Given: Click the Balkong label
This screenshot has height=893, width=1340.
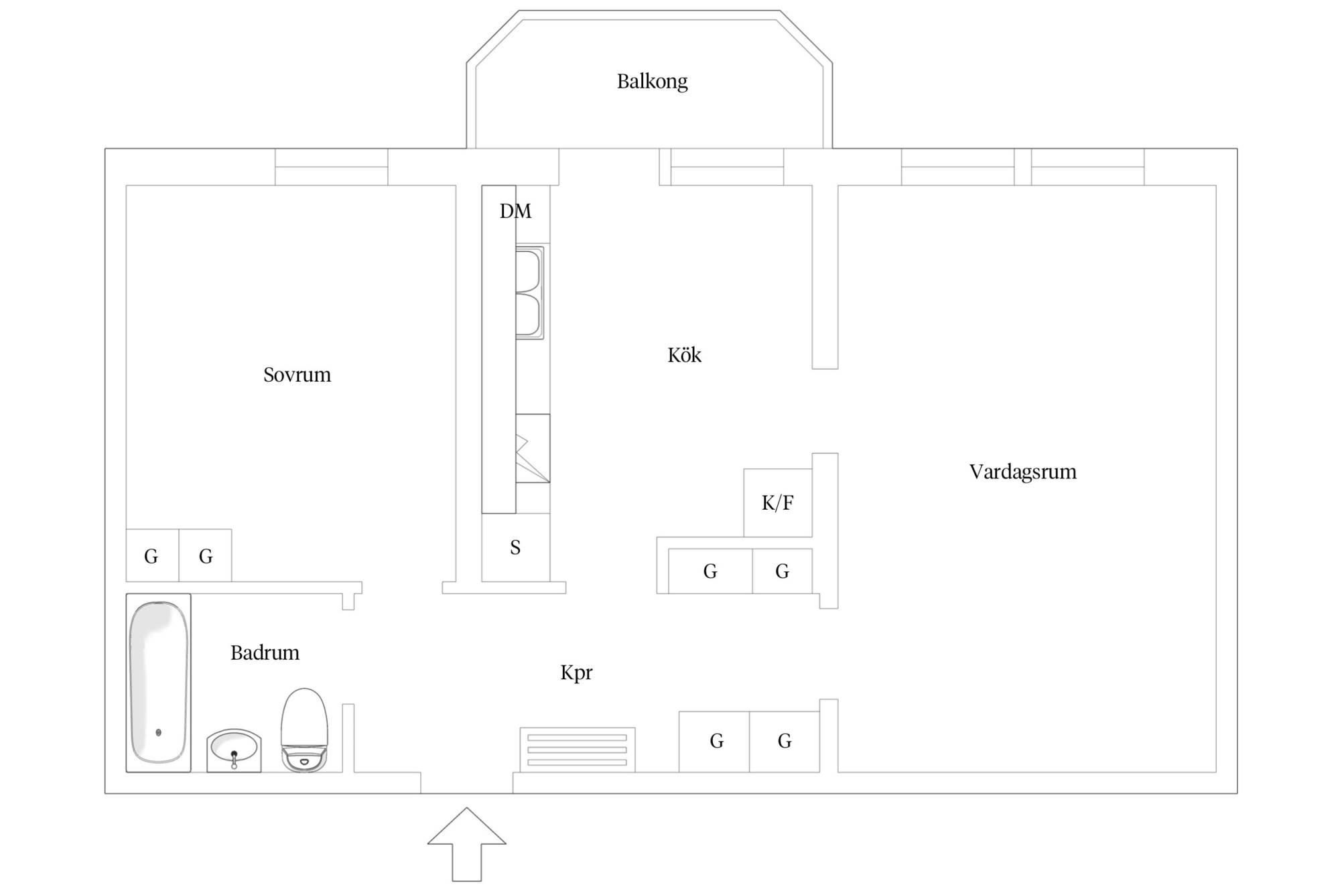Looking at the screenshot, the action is (x=652, y=82).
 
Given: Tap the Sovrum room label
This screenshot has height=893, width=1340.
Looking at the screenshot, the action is (x=297, y=374).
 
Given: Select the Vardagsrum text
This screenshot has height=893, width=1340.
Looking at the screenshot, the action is (x=1022, y=472).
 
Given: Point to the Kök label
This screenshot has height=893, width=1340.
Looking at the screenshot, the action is (x=684, y=354).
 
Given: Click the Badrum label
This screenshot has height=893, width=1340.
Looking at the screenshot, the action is (x=265, y=652).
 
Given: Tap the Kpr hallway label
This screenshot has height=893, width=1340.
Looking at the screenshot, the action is (x=576, y=673).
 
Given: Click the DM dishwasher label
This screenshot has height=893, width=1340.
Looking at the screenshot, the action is (x=515, y=212).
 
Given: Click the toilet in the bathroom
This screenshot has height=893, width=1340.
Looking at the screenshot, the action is (x=304, y=730).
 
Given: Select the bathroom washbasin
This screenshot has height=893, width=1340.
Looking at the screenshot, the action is (x=234, y=750).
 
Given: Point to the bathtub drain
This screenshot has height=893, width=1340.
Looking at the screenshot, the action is (x=159, y=733).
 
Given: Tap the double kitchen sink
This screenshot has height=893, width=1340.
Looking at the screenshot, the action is (x=529, y=292).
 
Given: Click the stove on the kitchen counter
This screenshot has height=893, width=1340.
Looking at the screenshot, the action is (x=533, y=448).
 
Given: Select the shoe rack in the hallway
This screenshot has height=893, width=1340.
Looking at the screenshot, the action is (x=578, y=750).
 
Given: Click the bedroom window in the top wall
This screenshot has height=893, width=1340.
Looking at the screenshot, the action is (x=332, y=167).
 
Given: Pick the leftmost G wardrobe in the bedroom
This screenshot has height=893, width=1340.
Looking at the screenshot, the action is (x=152, y=555).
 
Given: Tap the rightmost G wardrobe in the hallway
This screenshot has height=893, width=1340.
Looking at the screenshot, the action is (x=785, y=742).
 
